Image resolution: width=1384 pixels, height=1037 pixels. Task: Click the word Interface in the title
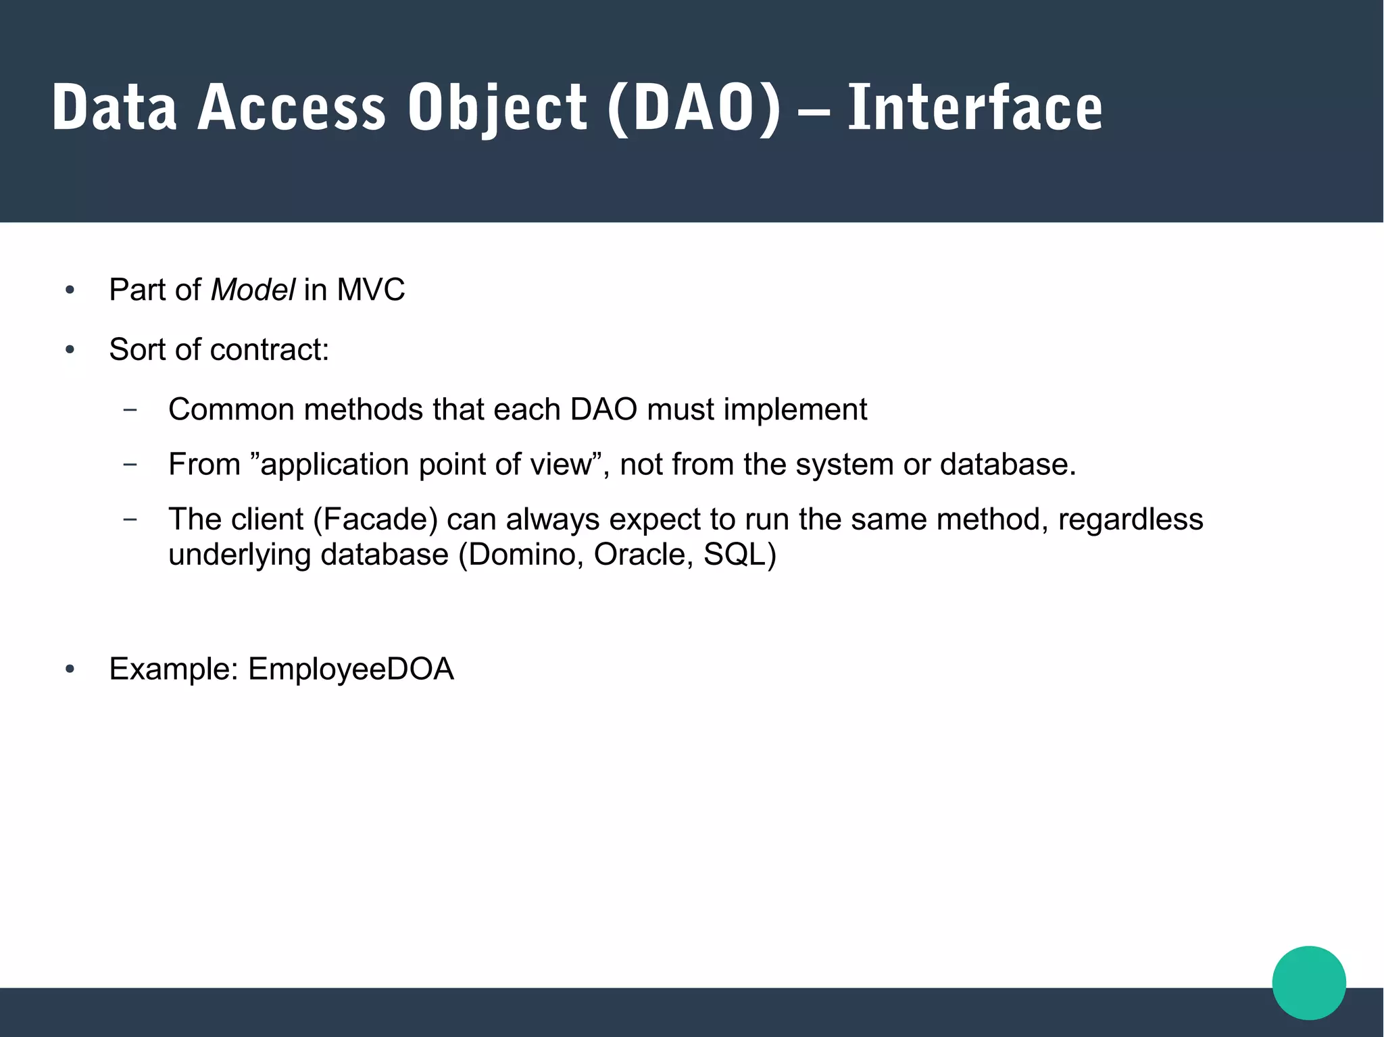tap(974, 108)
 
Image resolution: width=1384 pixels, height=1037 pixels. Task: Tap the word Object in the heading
tap(497, 108)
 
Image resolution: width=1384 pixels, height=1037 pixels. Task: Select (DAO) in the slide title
tap(694, 108)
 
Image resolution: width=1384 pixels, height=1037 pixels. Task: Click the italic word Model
tap(253, 290)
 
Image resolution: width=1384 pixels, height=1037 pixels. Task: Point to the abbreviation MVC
tap(370, 290)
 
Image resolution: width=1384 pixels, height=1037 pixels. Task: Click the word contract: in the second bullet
tap(269, 350)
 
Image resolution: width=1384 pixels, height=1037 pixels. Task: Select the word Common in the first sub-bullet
tap(231, 409)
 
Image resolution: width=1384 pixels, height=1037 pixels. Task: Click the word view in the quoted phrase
tap(566, 464)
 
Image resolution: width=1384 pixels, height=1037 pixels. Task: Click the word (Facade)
tap(375, 520)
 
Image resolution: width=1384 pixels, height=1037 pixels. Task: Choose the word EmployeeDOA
tap(351, 669)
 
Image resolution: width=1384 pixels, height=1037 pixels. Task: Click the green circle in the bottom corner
tap(1308, 983)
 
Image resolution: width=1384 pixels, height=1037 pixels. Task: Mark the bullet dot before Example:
tap(70, 669)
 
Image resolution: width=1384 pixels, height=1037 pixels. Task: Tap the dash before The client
tap(130, 519)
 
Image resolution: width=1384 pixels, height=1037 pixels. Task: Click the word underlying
tap(240, 555)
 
